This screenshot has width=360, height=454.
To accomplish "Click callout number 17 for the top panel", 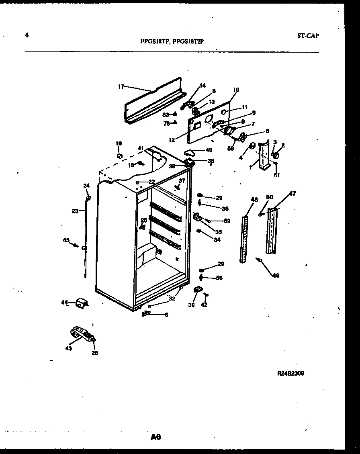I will click(121, 86).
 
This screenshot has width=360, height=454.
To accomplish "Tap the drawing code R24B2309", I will click(290, 373).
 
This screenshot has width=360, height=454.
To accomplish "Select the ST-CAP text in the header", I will click(308, 35).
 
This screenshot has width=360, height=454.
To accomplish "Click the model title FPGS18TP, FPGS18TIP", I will click(172, 41).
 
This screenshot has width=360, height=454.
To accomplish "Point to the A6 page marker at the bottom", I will click(156, 437).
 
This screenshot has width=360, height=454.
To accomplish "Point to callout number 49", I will click(276, 276).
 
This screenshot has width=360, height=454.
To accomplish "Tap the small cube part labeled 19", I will click(119, 155).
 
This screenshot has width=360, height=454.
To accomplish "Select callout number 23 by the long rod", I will click(75, 211).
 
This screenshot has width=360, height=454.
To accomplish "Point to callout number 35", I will click(219, 232).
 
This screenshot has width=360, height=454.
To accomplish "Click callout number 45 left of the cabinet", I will click(66, 240).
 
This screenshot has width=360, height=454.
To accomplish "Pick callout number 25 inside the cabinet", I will click(144, 220).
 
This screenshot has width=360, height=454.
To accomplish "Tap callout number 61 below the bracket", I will click(277, 174).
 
